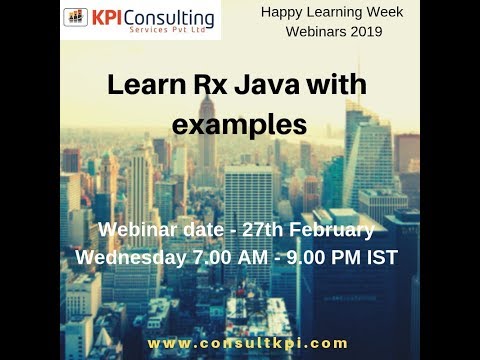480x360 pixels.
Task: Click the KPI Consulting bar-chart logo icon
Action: pyautogui.click(x=75, y=18)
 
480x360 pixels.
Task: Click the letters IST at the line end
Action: pyautogui.click(x=381, y=257)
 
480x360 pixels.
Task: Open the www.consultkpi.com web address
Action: pyautogui.click(x=247, y=342)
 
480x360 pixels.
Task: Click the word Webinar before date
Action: pyautogui.click(x=135, y=230)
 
